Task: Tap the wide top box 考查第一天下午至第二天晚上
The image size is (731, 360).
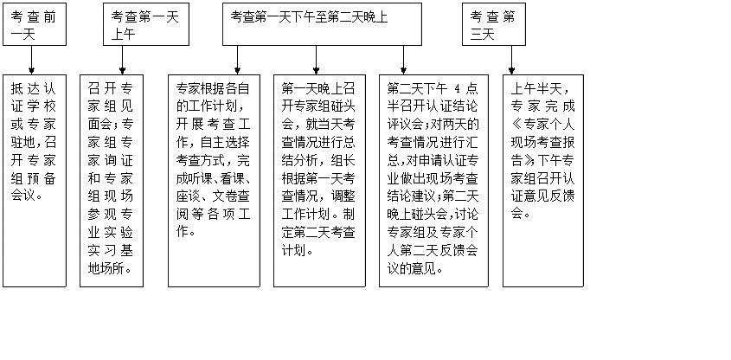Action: (321, 16)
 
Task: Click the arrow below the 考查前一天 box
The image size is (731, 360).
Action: (32, 60)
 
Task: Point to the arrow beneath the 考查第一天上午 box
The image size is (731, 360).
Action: (122, 60)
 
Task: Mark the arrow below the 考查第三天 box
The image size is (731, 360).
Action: (512, 60)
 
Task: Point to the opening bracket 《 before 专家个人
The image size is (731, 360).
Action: (515, 142)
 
